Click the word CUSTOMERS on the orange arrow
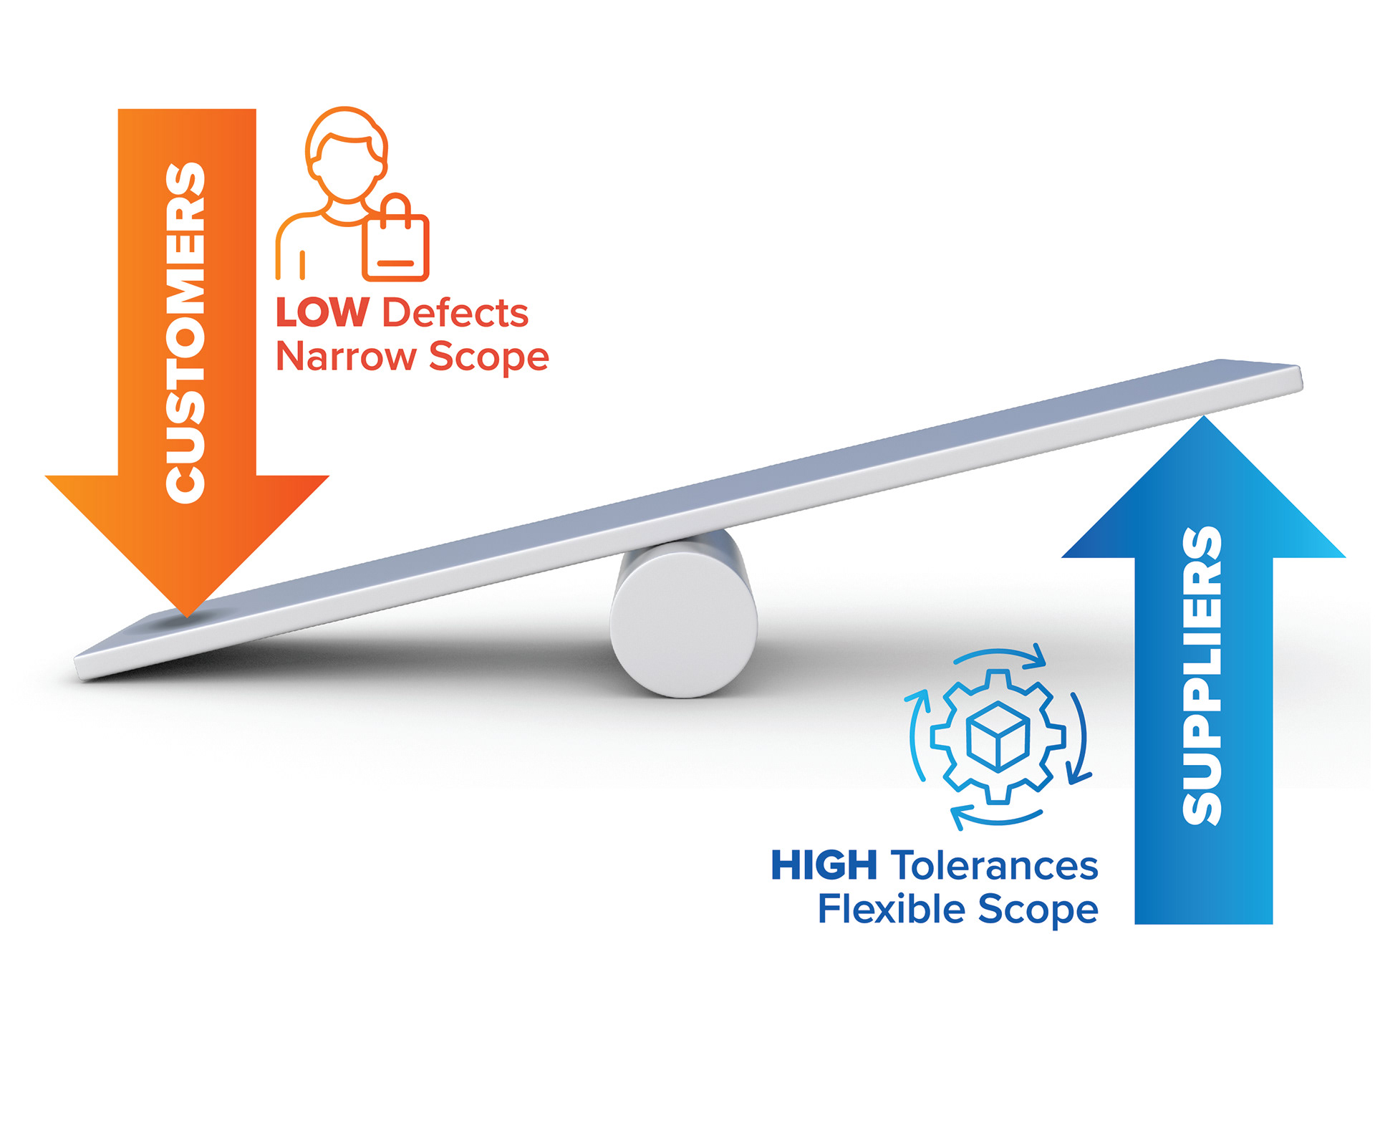click(x=185, y=333)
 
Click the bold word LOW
click(x=322, y=313)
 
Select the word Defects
click(x=455, y=313)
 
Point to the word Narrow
click(x=345, y=356)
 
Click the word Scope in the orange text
click(x=489, y=356)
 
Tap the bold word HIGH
click(x=824, y=865)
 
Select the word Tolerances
click(x=995, y=865)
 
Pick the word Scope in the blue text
click(x=1038, y=909)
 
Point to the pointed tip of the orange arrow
click(x=187, y=613)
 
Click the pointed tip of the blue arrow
click(x=1204, y=420)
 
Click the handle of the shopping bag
click(x=395, y=205)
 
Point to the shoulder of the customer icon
click(x=301, y=222)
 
